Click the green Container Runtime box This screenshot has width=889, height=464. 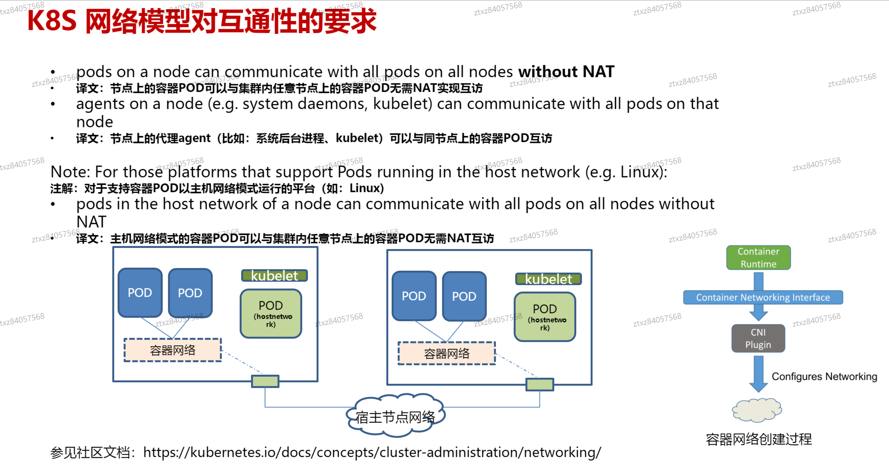[758, 257]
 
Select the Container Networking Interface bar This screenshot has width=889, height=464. [763, 297]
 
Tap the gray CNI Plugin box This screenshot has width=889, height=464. [758, 338]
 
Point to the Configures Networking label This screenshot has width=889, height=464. [824, 376]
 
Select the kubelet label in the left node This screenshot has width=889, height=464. [274, 276]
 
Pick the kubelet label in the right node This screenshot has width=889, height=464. [548, 279]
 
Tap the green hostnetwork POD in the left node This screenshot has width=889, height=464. [271, 313]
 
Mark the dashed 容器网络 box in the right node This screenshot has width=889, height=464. [447, 354]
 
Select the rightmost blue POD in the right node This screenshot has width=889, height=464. [464, 296]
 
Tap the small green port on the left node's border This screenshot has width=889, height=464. [265, 381]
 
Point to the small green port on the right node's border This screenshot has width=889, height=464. [539, 384]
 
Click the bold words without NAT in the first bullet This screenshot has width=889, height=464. [566, 72]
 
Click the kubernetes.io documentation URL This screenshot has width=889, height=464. [372, 452]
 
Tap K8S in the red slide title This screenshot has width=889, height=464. [52, 21]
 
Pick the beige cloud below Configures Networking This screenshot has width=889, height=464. [757, 410]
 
